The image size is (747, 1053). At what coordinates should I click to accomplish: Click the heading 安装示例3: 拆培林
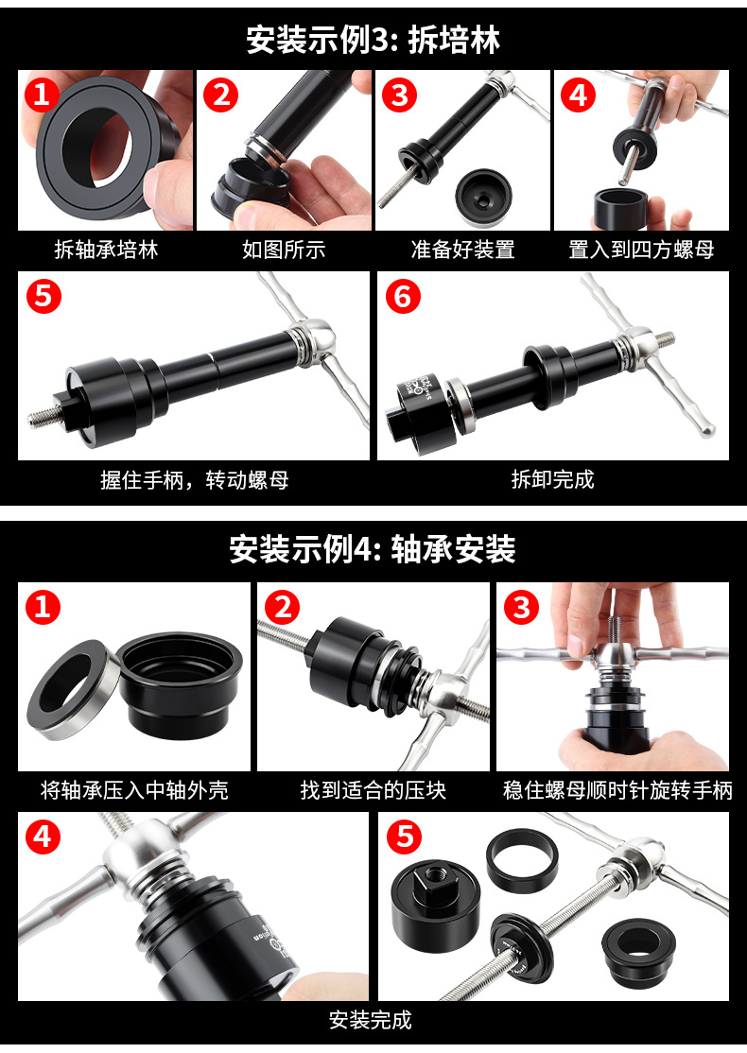(373, 40)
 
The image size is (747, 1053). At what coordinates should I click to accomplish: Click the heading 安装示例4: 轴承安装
(373, 549)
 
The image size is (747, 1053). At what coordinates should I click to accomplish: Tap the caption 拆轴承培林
(106, 250)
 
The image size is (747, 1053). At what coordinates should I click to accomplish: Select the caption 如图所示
(284, 250)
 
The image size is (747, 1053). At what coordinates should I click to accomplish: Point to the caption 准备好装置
(462, 250)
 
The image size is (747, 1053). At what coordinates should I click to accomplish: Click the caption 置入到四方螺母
(641, 250)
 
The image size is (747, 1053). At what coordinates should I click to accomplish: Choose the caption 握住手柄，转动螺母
(194, 479)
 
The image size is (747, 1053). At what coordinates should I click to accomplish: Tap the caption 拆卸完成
(553, 479)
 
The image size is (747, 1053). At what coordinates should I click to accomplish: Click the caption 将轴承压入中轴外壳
(134, 790)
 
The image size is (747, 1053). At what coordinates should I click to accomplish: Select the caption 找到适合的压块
(373, 790)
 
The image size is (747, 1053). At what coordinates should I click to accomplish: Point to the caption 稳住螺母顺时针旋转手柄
(617, 790)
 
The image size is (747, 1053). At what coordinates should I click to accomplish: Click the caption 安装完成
(370, 1020)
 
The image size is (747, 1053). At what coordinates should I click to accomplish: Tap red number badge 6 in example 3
(403, 296)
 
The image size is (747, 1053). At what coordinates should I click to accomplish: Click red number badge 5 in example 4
(405, 837)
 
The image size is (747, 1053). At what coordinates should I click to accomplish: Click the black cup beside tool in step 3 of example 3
(484, 198)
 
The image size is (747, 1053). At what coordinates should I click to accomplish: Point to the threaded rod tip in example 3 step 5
(31, 421)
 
